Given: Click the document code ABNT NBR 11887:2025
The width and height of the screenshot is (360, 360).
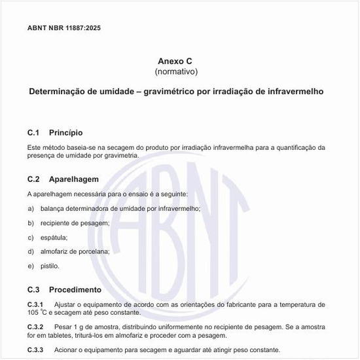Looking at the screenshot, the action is pos(64,28).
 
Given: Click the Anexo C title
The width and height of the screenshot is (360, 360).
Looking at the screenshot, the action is pos(175,60).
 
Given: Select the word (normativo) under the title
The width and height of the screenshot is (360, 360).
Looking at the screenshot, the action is pos(175,71).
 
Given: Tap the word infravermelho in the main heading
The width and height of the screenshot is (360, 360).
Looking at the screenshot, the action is pos(293,92).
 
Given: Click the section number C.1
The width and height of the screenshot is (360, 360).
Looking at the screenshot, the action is pos(34,133).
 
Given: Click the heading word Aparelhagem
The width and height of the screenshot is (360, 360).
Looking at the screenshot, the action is pos(73,179).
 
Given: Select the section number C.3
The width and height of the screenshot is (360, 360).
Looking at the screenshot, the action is pos(34,289).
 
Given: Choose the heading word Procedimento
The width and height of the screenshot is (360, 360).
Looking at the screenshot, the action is pos(75,289).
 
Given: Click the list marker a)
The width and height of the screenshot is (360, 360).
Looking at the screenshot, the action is pos(31,208).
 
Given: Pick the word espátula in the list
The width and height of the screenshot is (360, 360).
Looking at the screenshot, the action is pos(54,237).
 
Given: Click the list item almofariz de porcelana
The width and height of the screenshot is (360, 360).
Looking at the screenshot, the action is pos(75,251).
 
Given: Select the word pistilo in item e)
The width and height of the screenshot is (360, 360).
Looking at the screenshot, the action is pos(50,266).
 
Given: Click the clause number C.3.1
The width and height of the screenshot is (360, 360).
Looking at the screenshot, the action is pos(35,305).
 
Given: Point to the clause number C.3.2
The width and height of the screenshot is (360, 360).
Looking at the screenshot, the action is pos(35,326).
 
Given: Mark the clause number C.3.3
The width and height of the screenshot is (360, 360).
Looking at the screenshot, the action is pos(35,350).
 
